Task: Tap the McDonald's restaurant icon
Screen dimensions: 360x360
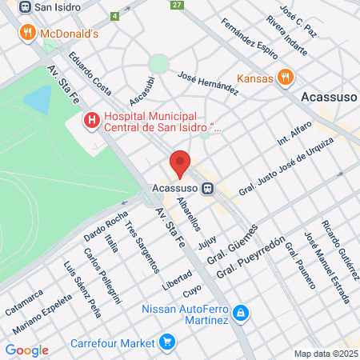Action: click(28, 33)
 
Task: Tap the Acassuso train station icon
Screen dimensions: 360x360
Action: click(208, 189)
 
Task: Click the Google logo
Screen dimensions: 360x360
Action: click(26, 350)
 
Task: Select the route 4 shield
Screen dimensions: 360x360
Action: click(115, 15)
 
